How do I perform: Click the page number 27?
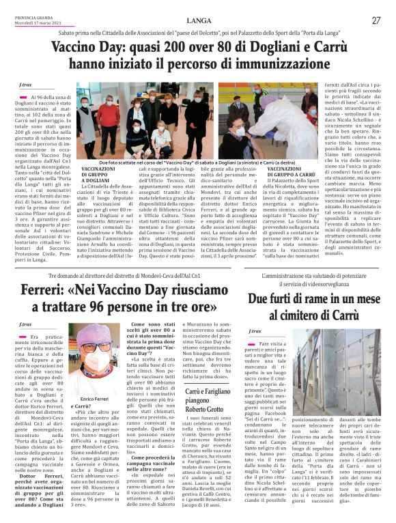click(376, 20)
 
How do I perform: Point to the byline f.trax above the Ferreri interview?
click(25, 323)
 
